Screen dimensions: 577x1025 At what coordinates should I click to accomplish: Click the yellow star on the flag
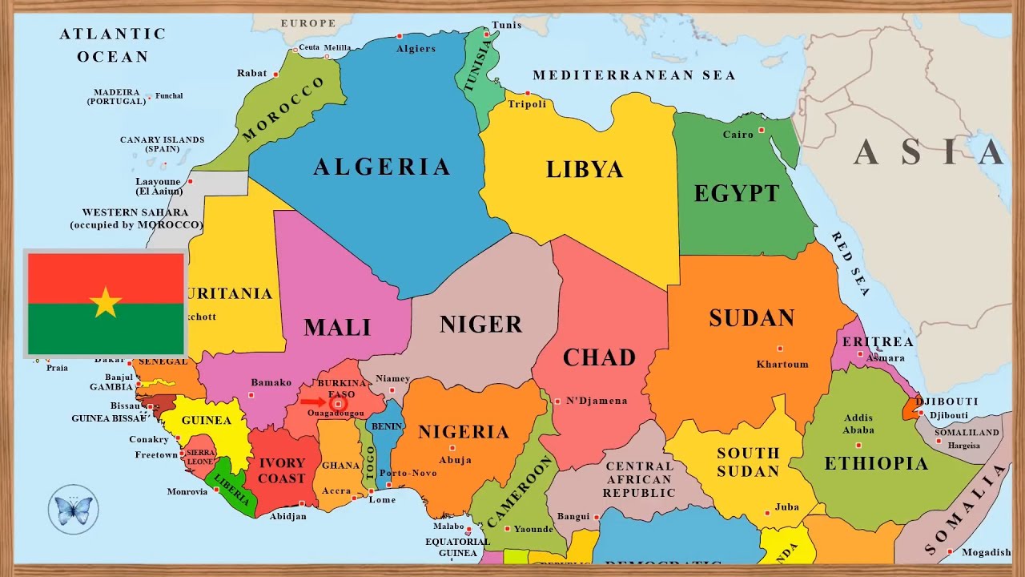(x=106, y=303)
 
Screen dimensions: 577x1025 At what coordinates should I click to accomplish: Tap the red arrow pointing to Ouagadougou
(x=313, y=402)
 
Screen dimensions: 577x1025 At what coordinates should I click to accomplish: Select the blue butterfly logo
(x=73, y=509)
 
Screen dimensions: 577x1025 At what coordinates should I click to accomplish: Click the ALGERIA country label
(x=382, y=167)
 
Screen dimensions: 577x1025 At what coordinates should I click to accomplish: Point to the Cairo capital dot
(x=762, y=130)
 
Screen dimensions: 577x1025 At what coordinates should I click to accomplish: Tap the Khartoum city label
(x=782, y=364)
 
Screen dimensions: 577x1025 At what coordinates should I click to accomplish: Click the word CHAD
(x=599, y=357)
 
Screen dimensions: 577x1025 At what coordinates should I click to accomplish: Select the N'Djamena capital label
(x=597, y=401)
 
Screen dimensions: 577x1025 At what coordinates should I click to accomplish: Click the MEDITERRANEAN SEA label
(x=633, y=75)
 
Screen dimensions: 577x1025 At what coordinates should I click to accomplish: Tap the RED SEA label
(x=850, y=264)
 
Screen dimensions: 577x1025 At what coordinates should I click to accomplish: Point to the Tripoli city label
(x=527, y=105)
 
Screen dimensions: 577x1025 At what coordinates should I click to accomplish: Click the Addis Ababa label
(x=858, y=424)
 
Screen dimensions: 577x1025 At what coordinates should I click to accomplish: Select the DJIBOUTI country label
(x=947, y=401)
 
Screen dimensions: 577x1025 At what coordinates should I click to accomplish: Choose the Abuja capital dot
(x=452, y=448)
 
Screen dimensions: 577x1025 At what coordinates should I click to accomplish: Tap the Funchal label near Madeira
(x=169, y=96)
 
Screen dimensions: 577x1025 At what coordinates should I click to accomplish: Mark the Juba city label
(x=787, y=507)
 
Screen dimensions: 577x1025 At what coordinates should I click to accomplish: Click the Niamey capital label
(x=392, y=379)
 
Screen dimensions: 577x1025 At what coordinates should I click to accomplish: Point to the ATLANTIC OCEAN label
(x=113, y=45)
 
